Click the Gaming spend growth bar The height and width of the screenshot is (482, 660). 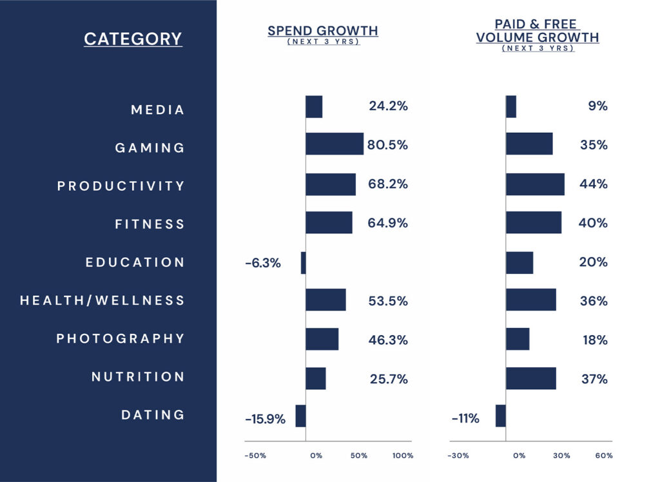click(334, 144)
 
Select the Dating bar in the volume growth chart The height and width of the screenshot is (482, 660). click(500, 416)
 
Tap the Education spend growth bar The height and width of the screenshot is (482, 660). click(303, 262)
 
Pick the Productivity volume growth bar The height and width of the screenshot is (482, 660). click(535, 184)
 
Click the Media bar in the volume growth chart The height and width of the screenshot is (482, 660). click(510, 106)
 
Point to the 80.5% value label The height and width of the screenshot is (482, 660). click(387, 145)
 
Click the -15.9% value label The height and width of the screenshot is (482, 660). click(265, 419)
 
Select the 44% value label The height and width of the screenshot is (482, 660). click(593, 184)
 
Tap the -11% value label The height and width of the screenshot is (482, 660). click(465, 419)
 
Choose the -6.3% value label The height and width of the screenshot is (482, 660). click(263, 263)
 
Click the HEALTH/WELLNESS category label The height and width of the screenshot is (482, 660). click(102, 300)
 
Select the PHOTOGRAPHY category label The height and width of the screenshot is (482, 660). click(121, 338)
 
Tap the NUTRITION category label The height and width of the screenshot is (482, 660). click(138, 376)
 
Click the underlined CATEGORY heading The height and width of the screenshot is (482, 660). click(133, 39)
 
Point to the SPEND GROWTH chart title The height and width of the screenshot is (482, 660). click(322, 31)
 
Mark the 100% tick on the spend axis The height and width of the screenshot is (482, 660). click(403, 456)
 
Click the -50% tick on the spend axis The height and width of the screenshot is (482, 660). click(255, 456)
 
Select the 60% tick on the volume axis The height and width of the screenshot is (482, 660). click(604, 456)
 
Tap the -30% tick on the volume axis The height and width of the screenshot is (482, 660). click(458, 456)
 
